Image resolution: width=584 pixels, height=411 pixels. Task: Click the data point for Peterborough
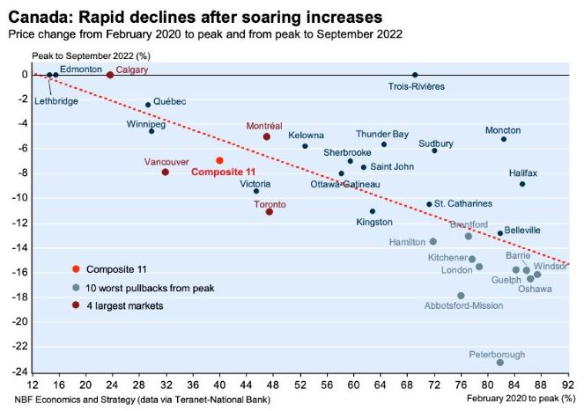[x=500, y=363]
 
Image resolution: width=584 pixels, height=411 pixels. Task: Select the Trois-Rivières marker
[x=415, y=75]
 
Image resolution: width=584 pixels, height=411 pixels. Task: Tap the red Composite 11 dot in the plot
[x=219, y=160]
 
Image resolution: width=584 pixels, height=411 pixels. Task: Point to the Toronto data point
[x=270, y=211]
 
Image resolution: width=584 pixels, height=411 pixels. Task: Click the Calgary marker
[x=110, y=75]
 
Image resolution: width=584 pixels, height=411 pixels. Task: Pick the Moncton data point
[x=504, y=139]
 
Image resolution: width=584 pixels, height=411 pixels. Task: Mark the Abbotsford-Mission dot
[x=461, y=296]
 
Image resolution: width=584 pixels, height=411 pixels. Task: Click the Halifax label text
[x=522, y=172]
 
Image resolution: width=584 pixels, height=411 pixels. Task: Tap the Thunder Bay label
[x=382, y=135]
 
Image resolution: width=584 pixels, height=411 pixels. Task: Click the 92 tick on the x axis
[x=568, y=384]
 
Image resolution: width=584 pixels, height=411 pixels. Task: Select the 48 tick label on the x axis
[x=273, y=384]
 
